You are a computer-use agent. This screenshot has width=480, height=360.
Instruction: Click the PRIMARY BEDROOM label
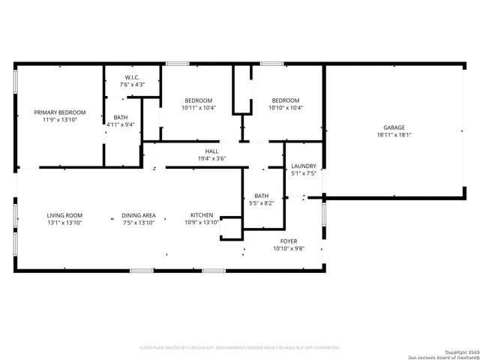coord(60,112)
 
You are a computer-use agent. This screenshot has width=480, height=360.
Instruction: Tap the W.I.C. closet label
coord(131,77)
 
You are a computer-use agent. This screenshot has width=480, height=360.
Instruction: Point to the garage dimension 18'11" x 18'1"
coord(394,136)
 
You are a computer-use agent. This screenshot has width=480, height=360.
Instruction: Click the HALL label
coord(212,151)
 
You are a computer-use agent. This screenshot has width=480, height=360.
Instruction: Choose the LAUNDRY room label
coord(304,166)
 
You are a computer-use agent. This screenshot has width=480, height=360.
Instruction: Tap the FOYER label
coord(289,241)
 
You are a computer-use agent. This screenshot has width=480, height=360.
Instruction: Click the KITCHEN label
coord(202,215)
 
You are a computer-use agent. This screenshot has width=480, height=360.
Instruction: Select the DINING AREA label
coord(139,215)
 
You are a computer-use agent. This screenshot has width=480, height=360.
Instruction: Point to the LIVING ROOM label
coord(64,215)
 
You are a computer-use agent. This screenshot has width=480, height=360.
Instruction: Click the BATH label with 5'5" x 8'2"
coord(261,196)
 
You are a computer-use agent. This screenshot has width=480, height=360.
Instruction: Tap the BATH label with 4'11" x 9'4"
coord(121,117)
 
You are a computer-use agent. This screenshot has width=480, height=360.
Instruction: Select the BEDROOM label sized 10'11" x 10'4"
coord(199,100)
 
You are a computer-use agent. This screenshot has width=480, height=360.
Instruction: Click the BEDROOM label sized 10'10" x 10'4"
coord(286,100)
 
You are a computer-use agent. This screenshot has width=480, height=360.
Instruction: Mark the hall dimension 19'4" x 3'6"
coord(212,158)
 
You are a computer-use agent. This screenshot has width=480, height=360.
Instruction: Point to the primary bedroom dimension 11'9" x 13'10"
coord(60,120)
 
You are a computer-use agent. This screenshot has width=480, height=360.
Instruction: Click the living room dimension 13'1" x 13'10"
coord(64,223)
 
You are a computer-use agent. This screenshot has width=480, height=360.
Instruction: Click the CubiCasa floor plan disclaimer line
coord(240,348)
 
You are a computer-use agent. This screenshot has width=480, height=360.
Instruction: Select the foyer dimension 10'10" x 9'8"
coord(289,248)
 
